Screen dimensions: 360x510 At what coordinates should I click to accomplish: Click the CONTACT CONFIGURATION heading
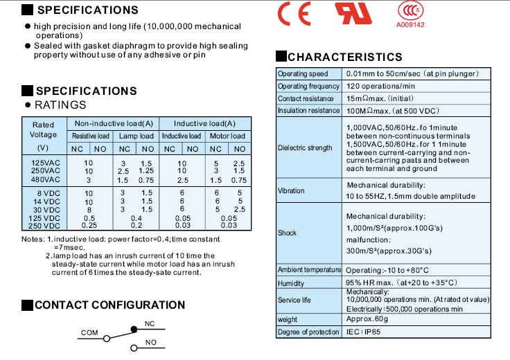(x=109, y=305)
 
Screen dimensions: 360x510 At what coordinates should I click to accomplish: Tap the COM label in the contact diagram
(x=89, y=333)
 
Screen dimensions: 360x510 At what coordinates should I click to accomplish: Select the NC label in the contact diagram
(x=150, y=324)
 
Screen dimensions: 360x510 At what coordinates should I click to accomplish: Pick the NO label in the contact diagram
(x=150, y=342)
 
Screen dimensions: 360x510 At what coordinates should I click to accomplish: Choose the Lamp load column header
(x=136, y=136)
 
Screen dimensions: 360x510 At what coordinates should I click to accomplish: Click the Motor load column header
(x=227, y=136)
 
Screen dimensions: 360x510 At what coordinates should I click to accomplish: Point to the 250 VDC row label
(x=44, y=226)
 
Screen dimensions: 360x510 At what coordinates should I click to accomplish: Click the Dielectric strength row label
(x=305, y=148)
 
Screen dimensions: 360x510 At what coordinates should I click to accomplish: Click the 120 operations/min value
(x=381, y=87)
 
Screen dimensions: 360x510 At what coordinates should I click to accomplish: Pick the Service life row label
(x=293, y=300)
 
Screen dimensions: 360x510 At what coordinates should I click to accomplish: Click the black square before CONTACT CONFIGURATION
(x=26, y=305)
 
